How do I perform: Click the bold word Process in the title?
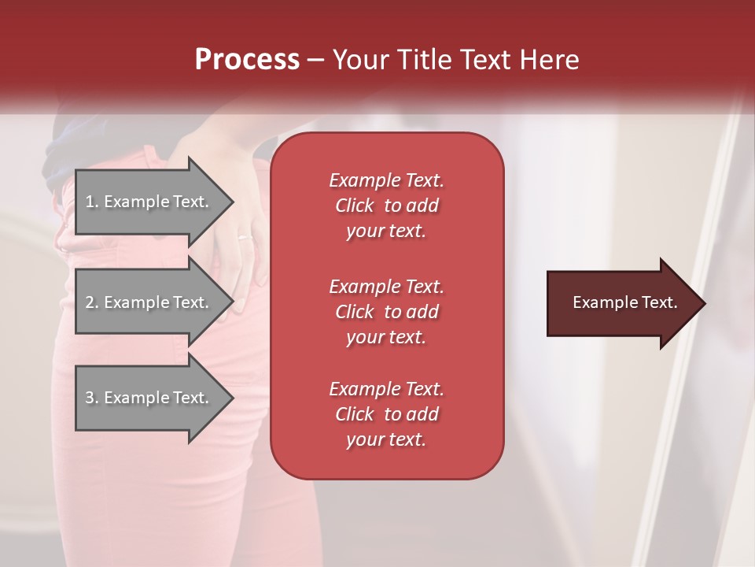tap(247, 60)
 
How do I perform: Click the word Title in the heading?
tap(425, 60)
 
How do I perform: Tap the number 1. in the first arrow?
tap(91, 202)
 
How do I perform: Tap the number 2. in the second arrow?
tap(91, 302)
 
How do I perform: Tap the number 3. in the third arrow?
tap(91, 398)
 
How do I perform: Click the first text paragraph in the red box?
tap(386, 206)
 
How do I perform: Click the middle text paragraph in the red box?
tap(386, 311)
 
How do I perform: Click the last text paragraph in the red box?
tap(386, 414)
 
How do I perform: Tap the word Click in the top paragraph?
tap(354, 206)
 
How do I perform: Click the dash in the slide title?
tap(315, 61)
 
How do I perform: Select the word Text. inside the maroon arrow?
tap(659, 303)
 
